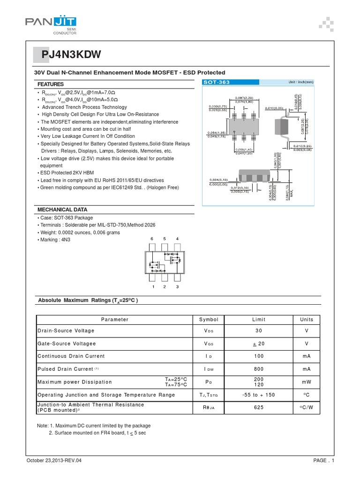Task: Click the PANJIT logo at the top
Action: tap(51, 23)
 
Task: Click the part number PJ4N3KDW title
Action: tap(70, 55)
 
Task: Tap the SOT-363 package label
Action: tap(217, 82)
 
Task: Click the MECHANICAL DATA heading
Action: tap(62, 210)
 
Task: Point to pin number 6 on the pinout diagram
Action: tap(152, 239)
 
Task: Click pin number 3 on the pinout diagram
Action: tap(177, 286)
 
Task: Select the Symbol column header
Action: tap(209, 319)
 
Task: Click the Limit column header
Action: tap(259, 319)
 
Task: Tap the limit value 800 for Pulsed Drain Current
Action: tap(259, 369)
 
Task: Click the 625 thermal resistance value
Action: tap(259, 408)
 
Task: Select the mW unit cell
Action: tap(307, 382)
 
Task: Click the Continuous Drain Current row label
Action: tap(71, 357)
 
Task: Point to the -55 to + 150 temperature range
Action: tap(259, 395)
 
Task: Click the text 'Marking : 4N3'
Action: tap(53, 240)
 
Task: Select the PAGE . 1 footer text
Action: tap(323, 461)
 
